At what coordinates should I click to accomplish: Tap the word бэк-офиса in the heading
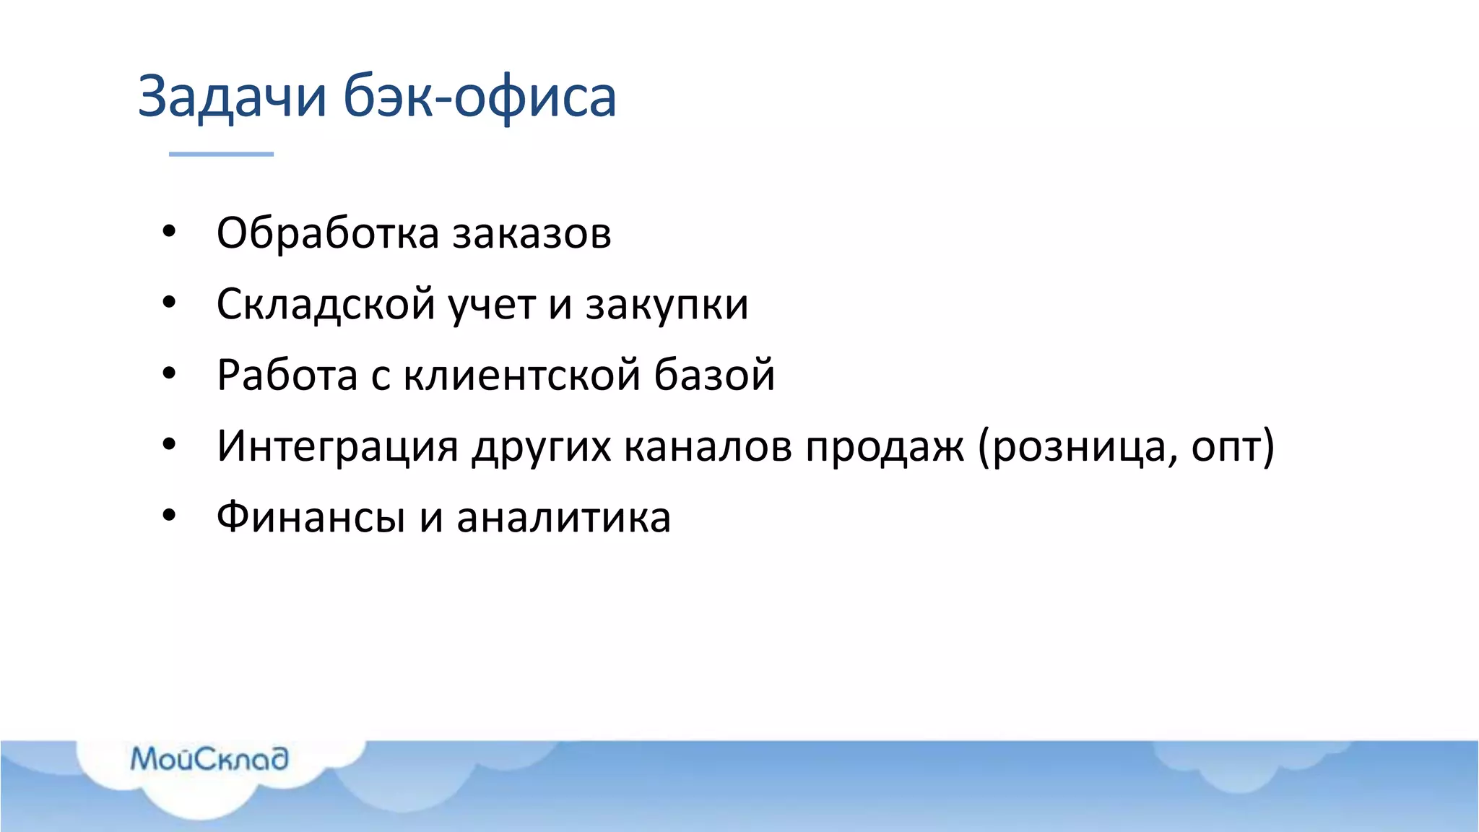(480, 97)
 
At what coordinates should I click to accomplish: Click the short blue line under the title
(221, 154)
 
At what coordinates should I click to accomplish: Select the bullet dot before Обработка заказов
(169, 232)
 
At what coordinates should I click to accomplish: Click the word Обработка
(328, 233)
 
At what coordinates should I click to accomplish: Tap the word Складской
(326, 304)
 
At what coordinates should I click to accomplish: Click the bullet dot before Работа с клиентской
(169, 373)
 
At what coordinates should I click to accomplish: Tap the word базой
(714, 375)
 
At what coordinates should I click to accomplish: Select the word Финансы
(311, 517)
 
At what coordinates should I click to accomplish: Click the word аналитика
(563, 517)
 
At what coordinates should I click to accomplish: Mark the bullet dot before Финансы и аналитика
(169, 516)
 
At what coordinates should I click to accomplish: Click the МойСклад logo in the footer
(209, 759)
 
